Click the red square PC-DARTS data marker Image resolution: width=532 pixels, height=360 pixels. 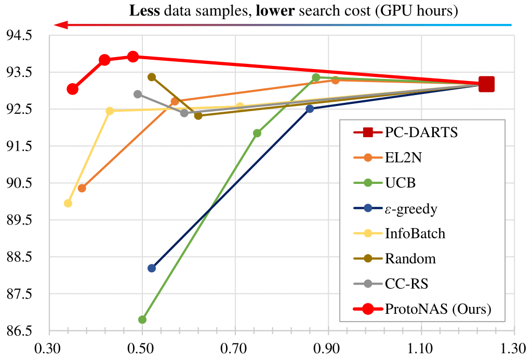point(486,84)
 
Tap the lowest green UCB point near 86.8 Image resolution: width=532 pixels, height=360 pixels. point(142,319)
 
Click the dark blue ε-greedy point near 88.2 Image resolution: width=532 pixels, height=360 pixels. point(152,268)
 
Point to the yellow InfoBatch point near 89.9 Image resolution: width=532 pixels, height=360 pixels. point(68,203)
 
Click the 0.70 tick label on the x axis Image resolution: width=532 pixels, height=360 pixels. point(235,347)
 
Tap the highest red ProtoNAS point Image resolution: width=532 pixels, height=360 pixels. point(133,56)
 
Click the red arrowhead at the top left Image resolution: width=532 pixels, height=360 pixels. point(60,24)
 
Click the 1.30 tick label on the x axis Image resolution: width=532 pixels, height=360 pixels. point(514,347)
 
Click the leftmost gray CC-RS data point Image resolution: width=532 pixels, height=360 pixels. point(138,94)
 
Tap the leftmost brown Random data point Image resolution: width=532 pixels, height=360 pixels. point(152,77)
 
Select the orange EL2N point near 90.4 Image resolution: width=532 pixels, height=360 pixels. point(82,188)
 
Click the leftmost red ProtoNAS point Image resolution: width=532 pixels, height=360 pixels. point(73,89)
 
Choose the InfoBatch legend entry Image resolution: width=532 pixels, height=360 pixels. point(415,233)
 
